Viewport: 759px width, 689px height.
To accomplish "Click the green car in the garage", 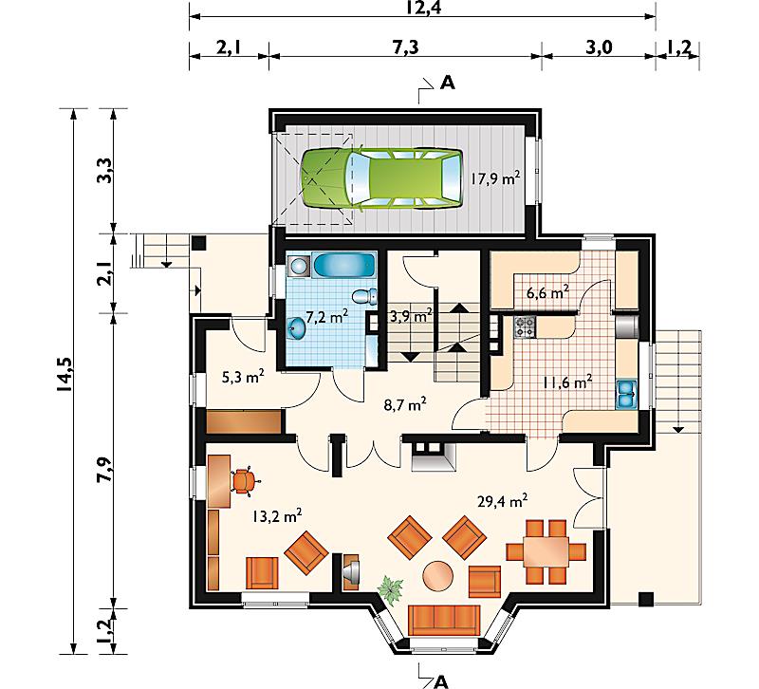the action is coord(381,179).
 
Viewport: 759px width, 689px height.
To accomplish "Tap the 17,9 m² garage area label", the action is coord(495,179).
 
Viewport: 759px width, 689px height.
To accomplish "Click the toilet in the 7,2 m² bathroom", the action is coord(365,296).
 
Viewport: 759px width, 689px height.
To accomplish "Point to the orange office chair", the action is coord(245,481).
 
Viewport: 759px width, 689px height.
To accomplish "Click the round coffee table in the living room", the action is coord(438,576).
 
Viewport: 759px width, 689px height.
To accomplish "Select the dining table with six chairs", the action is coord(546,551).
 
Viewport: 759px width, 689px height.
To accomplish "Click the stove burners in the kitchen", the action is coord(526,326).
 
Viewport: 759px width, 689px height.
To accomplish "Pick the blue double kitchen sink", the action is coord(627,393).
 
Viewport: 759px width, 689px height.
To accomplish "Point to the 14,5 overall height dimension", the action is coord(65,374).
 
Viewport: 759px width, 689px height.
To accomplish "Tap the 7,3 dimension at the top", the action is coord(405,47).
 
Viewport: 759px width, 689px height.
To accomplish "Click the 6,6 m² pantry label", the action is coord(547,293).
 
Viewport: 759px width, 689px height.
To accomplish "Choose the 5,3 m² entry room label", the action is coord(243,377).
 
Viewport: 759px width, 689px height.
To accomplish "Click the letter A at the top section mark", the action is coord(448,84).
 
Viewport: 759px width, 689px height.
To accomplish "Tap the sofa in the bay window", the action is coord(444,619).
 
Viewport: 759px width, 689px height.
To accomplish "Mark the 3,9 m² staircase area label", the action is coord(411,317).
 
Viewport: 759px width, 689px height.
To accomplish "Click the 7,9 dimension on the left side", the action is coord(104,469).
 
